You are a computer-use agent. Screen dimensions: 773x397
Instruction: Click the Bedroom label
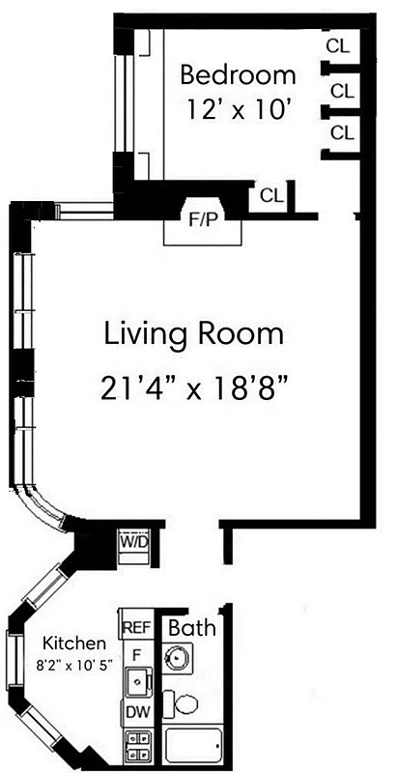pyautogui.click(x=238, y=74)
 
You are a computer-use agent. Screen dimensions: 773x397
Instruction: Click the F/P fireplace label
pyautogui.click(x=202, y=219)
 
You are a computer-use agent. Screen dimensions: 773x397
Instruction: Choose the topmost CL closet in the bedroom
pyautogui.click(x=339, y=45)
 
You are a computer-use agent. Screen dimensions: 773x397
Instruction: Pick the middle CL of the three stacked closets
pyautogui.click(x=342, y=90)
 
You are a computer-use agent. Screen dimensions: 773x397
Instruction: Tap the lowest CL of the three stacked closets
pyautogui.click(x=342, y=133)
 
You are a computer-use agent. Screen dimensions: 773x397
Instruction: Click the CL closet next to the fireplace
pyautogui.click(x=271, y=195)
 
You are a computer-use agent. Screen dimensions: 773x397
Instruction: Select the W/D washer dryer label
pyautogui.click(x=133, y=542)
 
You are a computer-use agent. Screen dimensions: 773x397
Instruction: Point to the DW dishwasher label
pyautogui.click(x=136, y=713)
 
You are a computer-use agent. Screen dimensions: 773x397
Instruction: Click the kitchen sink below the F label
pyautogui.click(x=137, y=682)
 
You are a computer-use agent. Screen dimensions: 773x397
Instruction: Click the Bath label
pyautogui.click(x=192, y=628)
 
